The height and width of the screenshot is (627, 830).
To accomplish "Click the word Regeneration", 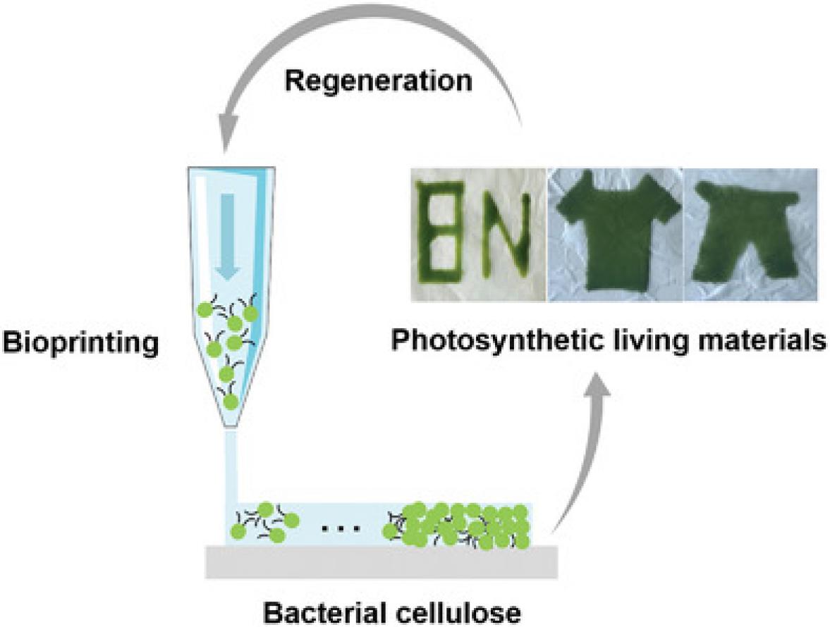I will point(378,80).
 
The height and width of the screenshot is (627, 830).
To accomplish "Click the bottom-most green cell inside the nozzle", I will point(229,402).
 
